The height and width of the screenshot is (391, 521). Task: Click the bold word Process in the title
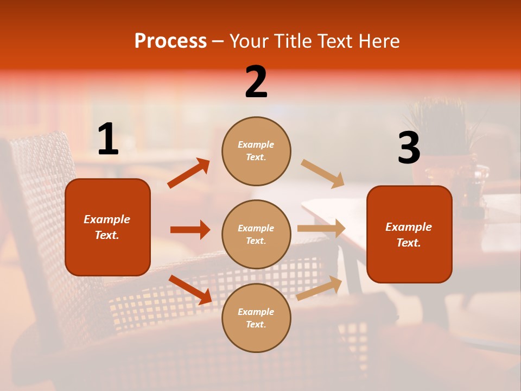point(170,41)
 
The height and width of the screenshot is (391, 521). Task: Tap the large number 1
point(108,140)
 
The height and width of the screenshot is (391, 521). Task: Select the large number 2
point(256,83)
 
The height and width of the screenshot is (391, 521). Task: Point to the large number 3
point(409,149)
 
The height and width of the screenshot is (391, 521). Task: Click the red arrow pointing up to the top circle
point(189,173)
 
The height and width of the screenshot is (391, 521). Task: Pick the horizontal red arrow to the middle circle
point(190,230)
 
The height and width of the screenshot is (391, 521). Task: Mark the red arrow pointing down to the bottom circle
point(190,289)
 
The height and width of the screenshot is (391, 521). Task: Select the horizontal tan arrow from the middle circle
point(321,229)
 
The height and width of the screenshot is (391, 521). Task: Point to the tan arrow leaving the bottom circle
point(320,288)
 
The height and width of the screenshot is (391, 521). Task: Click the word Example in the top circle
point(256,144)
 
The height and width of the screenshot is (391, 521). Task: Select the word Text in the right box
point(409,243)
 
